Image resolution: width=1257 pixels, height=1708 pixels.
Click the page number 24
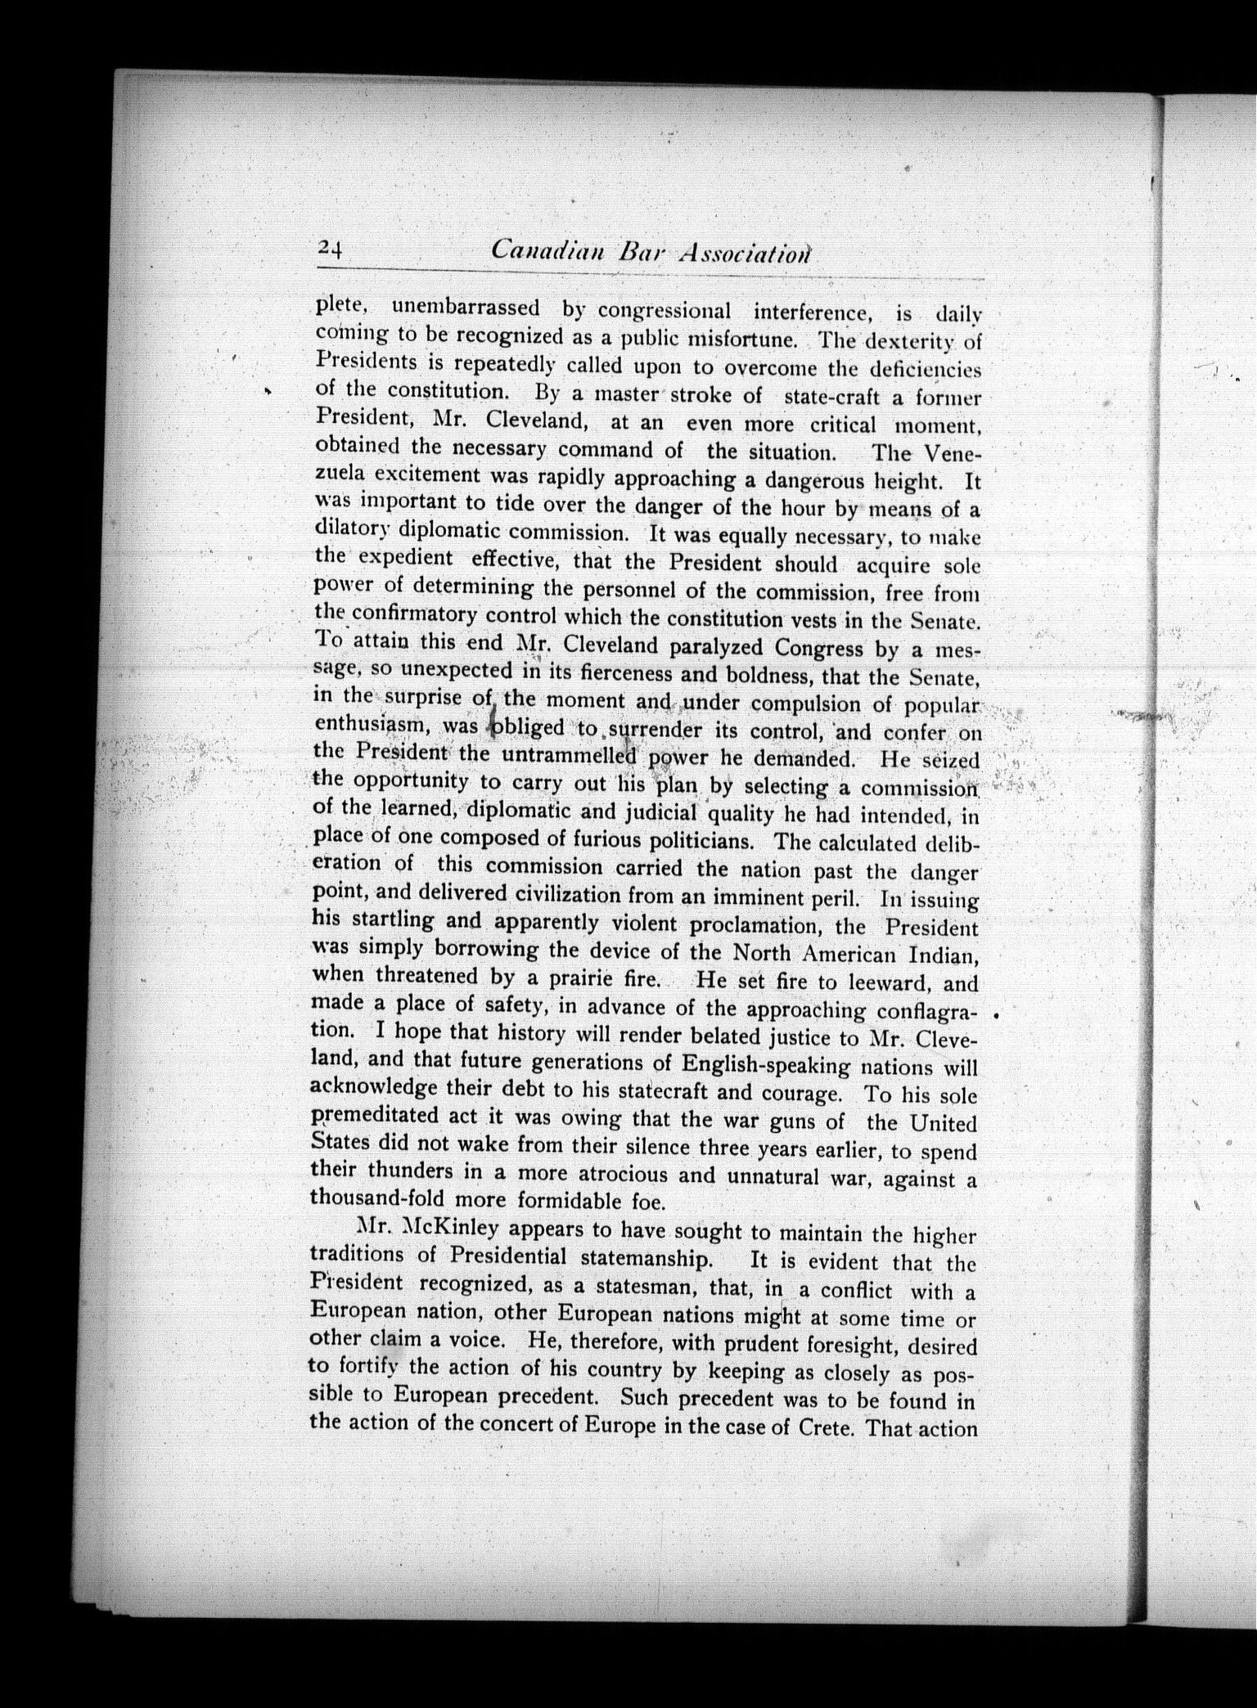pos(332,249)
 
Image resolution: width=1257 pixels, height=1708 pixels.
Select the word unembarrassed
pos(466,309)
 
